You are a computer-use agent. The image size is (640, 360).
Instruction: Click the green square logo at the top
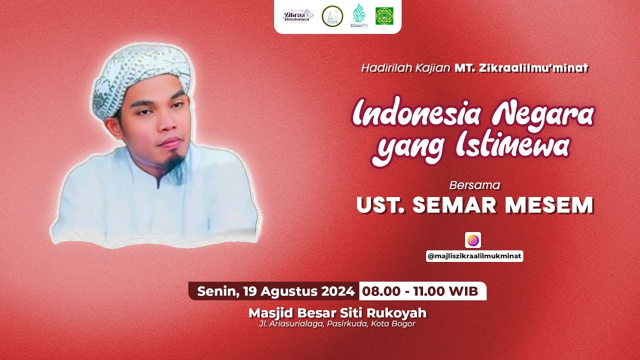pos(384,16)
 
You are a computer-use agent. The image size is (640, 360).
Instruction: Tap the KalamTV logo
pos(358,15)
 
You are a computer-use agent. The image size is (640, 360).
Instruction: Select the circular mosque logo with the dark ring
pos(332,16)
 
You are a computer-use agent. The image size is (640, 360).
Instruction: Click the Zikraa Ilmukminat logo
pos(298,16)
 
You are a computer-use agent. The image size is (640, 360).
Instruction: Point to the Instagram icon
pos(472,240)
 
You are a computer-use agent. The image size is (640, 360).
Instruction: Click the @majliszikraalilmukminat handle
pos(474,256)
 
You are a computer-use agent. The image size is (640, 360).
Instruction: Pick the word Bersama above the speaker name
pos(474,185)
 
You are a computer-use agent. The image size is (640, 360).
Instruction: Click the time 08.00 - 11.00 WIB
pos(420,290)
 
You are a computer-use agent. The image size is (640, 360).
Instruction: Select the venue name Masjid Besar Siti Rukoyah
pos(337,313)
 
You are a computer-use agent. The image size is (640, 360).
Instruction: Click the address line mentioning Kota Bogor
pos(337,324)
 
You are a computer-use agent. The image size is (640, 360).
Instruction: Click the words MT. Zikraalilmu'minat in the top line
pos(521,68)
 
